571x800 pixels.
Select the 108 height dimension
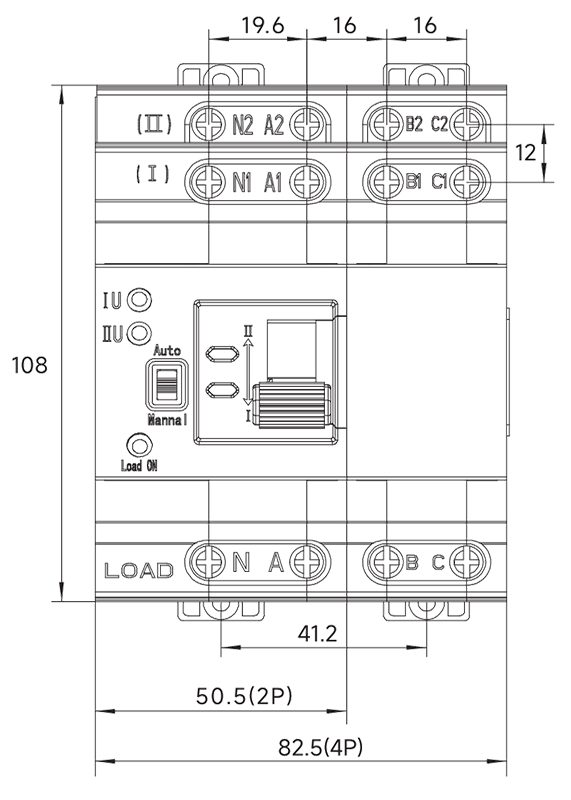[x=29, y=365]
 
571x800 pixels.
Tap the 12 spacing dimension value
[x=525, y=153]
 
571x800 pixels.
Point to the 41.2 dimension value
[x=317, y=634]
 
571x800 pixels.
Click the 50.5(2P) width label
[x=244, y=696]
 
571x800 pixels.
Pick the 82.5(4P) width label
[x=320, y=748]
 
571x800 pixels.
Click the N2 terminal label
[x=243, y=124]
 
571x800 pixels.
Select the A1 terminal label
[x=273, y=183]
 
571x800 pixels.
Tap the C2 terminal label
[x=439, y=124]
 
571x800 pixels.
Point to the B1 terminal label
[x=413, y=182]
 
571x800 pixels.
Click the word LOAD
[x=139, y=570]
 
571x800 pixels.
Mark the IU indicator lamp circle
[x=139, y=299]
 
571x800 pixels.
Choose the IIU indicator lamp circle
[x=139, y=333]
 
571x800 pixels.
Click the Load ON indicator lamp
[x=139, y=445]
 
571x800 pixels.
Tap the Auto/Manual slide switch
[x=167, y=385]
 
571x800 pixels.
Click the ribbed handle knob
[x=291, y=406]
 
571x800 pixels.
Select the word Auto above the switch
[x=167, y=351]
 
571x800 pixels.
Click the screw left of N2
[x=209, y=124]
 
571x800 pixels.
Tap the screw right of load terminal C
[x=467, y=562]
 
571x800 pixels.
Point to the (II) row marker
[x=155, y=124]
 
